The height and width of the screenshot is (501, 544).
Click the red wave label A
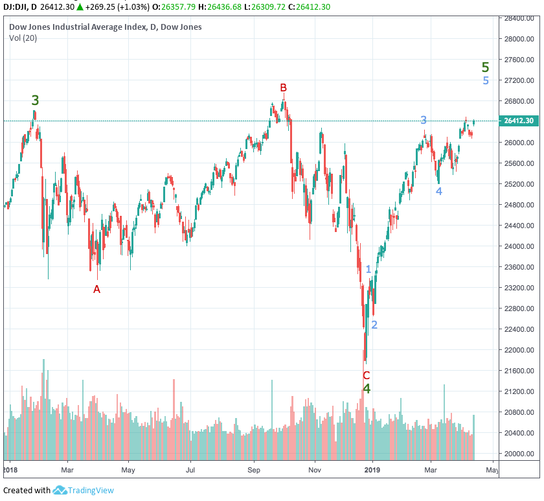coord(96,289)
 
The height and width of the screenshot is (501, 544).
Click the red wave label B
coord(283,87)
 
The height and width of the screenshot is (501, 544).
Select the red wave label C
coord(366,375)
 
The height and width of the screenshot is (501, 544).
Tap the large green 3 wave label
coord(36,100)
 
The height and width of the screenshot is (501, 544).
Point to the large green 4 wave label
coord(367,389)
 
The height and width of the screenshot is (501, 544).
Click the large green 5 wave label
coord(486,67)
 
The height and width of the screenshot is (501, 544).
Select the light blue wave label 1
coord(368,269)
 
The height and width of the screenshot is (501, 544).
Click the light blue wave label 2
coord(374,325)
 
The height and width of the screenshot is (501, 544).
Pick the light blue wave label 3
coord(424,120)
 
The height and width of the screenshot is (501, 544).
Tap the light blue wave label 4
coord(438,191)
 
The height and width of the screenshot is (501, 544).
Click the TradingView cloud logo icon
coord(60,490)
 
